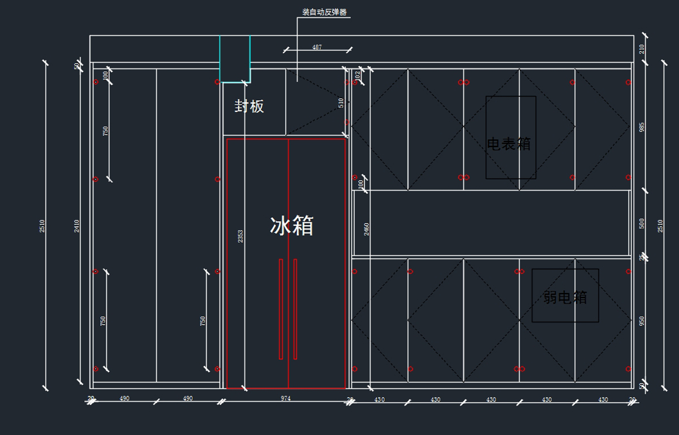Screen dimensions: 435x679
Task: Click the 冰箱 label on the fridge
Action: (x=291, y=226)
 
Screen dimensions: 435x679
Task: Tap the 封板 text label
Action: (x=250, y=106)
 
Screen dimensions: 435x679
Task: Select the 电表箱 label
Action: (x=509, y=144)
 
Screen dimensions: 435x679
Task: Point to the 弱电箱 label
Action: (x=565, y=297)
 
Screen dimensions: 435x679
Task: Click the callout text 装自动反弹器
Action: (x=324, y=12)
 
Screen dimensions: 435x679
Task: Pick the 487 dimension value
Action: (x=317, y=48)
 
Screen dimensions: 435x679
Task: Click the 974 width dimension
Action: (x=286, y=398)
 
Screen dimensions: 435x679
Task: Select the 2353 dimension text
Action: (x=240, y=236)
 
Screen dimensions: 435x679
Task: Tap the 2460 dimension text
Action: (x=367, y=229)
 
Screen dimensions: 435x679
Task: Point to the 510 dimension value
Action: (x=341, y=102)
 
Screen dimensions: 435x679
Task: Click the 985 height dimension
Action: (x=642, y=127)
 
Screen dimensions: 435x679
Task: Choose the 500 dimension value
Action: (x=642, y=223)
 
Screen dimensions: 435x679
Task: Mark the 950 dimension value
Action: (x=642, y=321)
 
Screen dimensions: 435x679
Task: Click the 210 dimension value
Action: (x=642, y=49)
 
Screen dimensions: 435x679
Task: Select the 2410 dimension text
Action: (x=77, y=226)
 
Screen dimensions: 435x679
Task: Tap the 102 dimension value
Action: (x=358, y=74)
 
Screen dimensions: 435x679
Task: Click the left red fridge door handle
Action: (x=281, y=309)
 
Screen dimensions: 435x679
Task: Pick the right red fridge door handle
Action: (x=295, y=309)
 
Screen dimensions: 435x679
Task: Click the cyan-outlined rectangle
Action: (x=235, y=59)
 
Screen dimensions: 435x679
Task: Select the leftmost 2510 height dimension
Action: (x=42, y=226)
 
